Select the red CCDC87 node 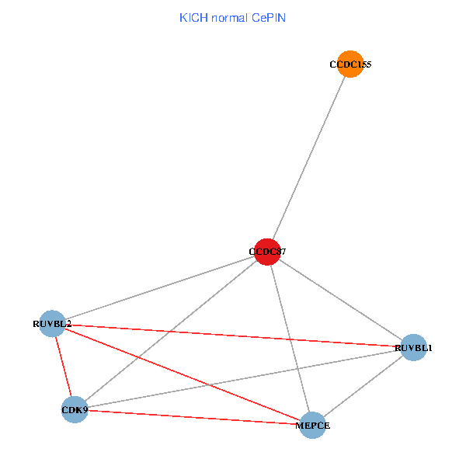point(267,252)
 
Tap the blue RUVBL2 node point(52,323)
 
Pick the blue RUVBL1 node point(413,347)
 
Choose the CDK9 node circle point(75,409)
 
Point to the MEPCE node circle point(312,425)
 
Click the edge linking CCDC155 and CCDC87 point(309,158)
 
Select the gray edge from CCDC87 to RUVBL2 point(159,287)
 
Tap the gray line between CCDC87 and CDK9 point(171,330)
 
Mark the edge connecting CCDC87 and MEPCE point(290,338)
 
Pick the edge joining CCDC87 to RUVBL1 point(340,299)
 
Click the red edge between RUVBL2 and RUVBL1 point(233,335)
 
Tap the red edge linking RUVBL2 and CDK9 point(63,367)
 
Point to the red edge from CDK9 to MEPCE point(193,417)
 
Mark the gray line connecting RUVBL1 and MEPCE point(363,386)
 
